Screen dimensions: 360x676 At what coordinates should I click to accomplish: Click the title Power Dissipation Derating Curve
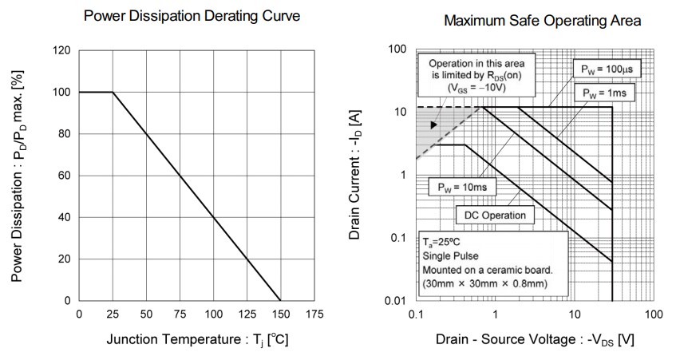coord(192,15)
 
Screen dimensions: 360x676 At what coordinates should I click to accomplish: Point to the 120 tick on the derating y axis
coord(62,51)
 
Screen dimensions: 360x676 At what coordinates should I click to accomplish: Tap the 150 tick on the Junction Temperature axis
coord(280,315)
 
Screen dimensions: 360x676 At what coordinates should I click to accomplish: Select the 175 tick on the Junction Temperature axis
coord(314,315)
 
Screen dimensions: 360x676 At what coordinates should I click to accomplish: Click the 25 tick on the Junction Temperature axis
coord(113,315)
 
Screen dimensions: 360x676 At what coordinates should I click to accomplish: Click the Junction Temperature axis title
coord(197,339)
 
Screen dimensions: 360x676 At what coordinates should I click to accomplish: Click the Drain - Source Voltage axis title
coord(535,340)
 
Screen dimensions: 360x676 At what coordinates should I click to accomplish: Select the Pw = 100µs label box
coord(607,69)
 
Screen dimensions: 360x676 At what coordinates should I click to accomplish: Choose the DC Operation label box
coord(495,215)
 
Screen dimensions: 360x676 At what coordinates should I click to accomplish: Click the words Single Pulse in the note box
coord(451,255)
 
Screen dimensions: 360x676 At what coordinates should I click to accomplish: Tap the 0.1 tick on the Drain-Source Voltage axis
coord(415,315)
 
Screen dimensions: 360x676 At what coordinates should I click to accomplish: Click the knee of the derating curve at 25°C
coord(113,93)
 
